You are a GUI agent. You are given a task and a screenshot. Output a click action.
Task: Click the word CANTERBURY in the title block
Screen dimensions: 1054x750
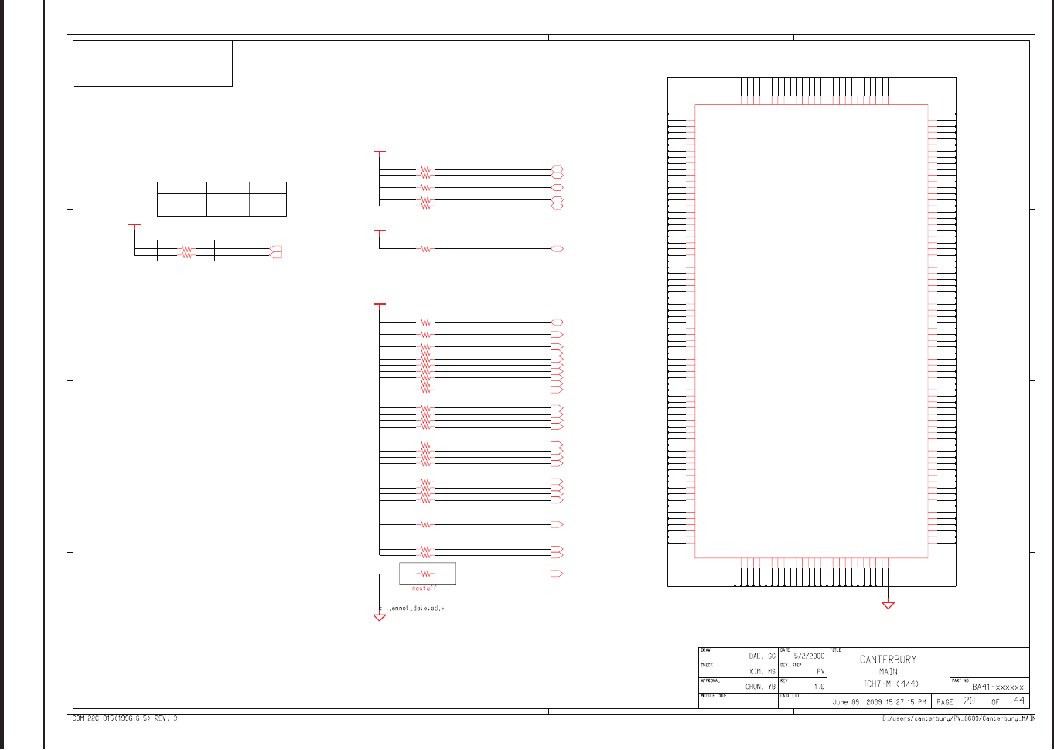pyautogui.click(x=888, y=660)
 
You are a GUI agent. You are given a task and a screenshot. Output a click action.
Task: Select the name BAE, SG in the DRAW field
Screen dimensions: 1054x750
pyautogui.click(x=762, y=656)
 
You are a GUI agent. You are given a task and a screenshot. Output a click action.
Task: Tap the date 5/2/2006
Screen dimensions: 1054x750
pyautogui.click(x=809, y=656)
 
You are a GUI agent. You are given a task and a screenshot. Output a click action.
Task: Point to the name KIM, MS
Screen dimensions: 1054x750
pyautogui.click(x=762, y=672)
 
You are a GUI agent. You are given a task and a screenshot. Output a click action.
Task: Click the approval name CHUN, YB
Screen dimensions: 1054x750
pyautogui.click(x=760, y=687)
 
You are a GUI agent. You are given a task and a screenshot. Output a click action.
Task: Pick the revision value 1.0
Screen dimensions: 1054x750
pyautogui.click(x=819, y=687)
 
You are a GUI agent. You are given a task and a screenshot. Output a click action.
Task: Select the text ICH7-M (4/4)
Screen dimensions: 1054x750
pyautogui.click(x=891, y=684)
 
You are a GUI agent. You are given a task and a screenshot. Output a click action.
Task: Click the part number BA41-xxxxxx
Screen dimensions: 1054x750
pyautogui.click(x=998, y=687)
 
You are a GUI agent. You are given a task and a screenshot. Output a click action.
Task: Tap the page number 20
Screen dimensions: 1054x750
pyautogui.click(x=969, y=701)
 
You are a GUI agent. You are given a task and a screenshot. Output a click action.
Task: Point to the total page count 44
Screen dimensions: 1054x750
pyautogui.click(x=1019, y=701)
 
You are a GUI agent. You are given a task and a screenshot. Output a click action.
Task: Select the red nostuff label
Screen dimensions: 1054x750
pyautogui.click(x=424, y=588)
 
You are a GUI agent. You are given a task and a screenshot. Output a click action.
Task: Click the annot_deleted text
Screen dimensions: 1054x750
pyautogui.click(x=411, y=609)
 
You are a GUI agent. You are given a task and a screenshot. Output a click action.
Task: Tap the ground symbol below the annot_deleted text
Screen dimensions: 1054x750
pyautogui.click(x=380, y=617)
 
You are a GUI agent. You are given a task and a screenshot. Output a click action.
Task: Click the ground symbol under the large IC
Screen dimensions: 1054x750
pyautogui.click(x=889, y=605)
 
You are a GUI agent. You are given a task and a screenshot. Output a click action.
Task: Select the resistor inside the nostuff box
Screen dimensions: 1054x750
pyautogui.click(x=425, y=574)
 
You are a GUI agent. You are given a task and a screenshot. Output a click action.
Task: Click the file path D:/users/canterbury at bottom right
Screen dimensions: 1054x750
pyautogui.click(x=959, y=719)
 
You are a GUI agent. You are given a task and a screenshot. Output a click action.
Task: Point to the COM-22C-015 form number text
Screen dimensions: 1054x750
pyautogui.click(x=125, y=719)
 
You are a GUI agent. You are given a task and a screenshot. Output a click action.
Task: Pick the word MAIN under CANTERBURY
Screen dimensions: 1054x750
pyautogui.click(x=888, y=672)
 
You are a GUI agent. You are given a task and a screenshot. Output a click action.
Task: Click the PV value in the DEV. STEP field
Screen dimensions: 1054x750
pyautogui.click(x=820, y=672)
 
